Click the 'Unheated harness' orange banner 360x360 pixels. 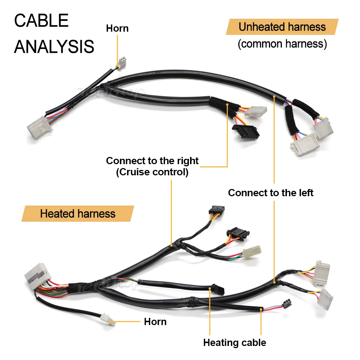(282, 27)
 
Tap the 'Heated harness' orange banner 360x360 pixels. (78, 214)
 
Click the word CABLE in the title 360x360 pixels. (41, 21)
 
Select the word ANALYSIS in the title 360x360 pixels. (54, 47)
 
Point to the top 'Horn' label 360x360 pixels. (117, 28)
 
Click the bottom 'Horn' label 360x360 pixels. (155, 321)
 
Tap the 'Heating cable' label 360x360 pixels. (234, 342)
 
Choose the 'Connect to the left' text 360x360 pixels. (271, 193)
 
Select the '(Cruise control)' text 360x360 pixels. (152, 172)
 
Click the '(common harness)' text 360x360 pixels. (282, 44)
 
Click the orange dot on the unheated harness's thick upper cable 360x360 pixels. (274, 96)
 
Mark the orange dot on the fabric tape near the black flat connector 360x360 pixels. (228, 104)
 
